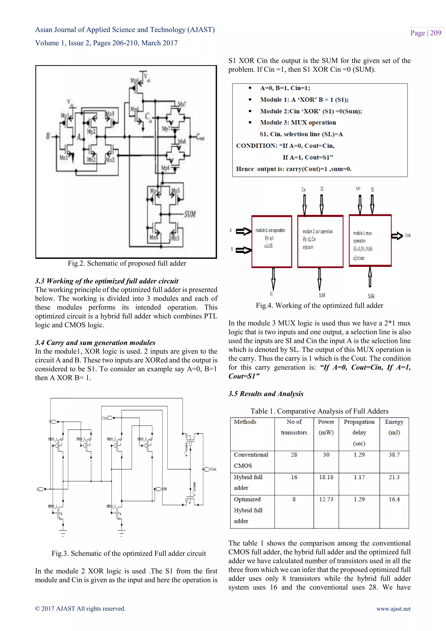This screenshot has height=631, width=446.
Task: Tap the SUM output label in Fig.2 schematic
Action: coord(190,214)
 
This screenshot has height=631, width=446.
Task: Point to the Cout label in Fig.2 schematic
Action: coord(200,137)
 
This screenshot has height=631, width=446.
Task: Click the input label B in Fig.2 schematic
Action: coord(48,136)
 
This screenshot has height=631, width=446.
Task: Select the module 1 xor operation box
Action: coord(271,241)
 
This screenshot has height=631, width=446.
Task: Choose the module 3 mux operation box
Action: coord(370,241)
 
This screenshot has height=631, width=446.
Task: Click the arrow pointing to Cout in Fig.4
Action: coord(397,236)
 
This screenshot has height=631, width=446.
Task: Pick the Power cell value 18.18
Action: coord(326,477)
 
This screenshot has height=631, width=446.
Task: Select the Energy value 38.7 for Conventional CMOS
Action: coord(394,455)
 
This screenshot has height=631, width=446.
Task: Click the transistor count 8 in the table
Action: coord(294,499)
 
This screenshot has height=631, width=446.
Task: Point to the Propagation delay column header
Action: coord(359,433)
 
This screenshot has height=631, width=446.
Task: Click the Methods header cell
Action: coord(245,422)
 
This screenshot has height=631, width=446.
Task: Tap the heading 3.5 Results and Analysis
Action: coord(266,394)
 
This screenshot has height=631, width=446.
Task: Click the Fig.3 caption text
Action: coord(128,553)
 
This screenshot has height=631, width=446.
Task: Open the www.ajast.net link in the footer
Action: coord(393,609)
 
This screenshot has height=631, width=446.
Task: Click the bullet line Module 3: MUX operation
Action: coord(298,123)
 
